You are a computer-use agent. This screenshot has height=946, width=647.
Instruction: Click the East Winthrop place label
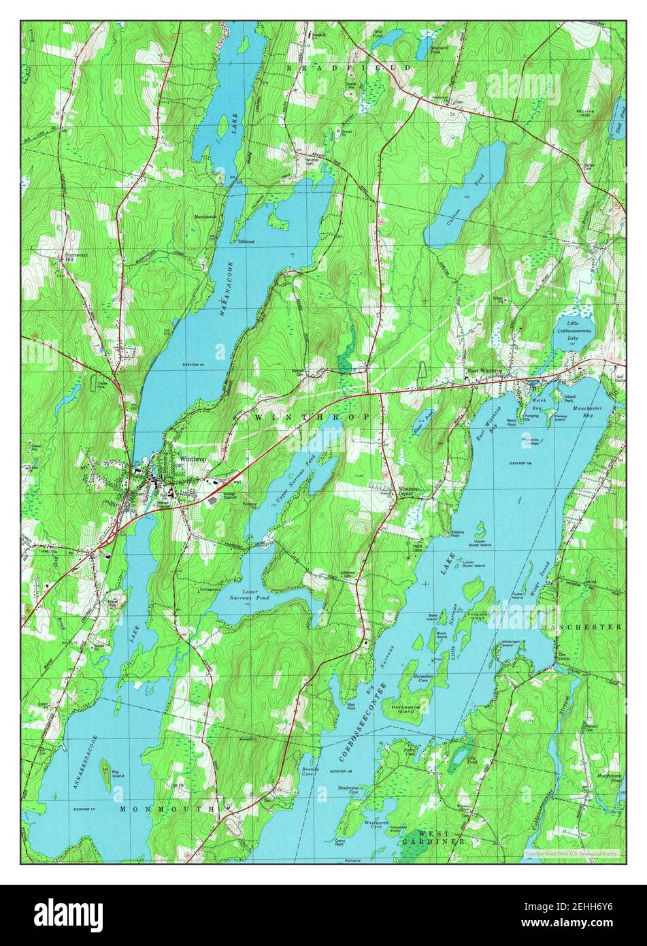click(484, 371)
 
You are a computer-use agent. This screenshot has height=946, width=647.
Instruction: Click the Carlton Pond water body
click(466, 197)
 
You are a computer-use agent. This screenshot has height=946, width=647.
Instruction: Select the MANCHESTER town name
click(582, 626)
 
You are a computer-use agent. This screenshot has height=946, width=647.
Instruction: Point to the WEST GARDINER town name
click(433, 838)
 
